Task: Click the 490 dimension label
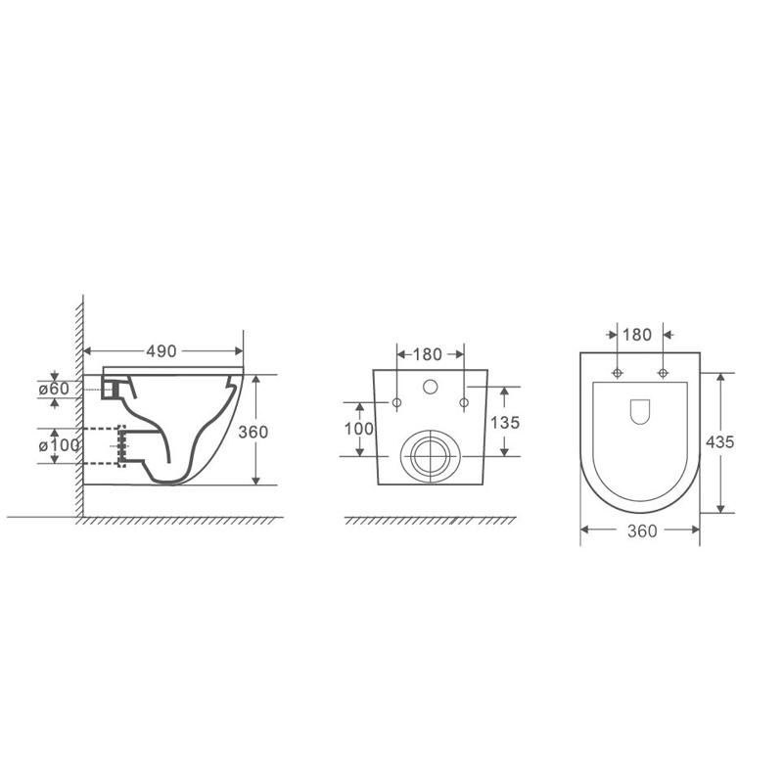point(161,351)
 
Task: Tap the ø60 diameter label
point(54,388)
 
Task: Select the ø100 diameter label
point(59,445)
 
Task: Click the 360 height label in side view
point(253,432)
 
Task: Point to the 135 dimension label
point(505,423)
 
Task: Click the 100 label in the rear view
point(358,429)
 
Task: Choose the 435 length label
point(719,442)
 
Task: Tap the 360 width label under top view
point(642,531)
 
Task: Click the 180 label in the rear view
point(428,354)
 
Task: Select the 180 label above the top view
point(637,335)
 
